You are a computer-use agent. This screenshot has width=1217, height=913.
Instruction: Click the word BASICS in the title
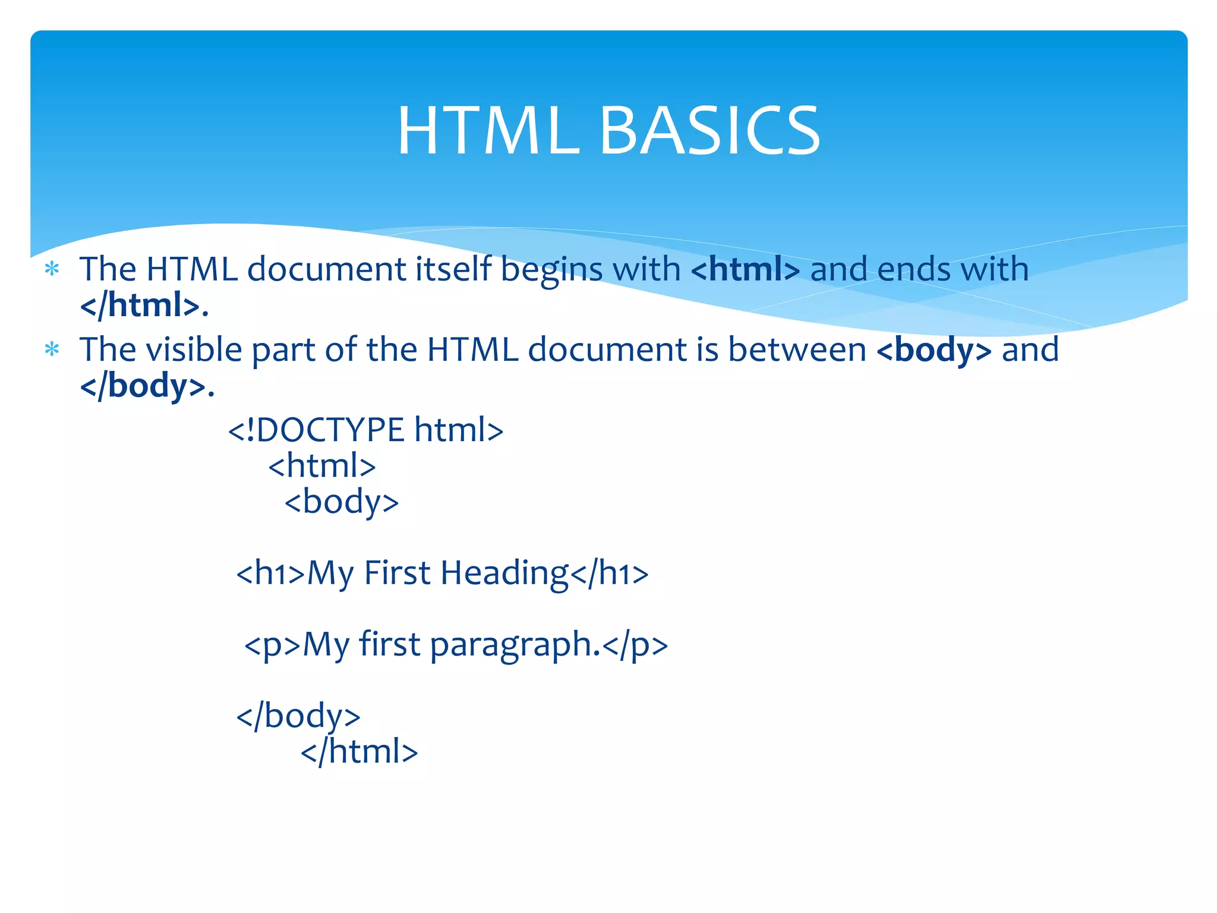pyautogui.click(x=710, y=131)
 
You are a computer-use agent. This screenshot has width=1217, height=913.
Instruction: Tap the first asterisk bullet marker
pyautogui.click(x=52, y=269)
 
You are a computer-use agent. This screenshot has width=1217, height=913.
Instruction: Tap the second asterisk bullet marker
pyautogui.click(x=52, y=350)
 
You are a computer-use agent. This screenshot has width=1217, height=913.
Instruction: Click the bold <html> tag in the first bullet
pyautogui.click(x=745, y=269)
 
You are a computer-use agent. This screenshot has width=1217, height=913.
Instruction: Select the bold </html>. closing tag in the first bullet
pyautogui.click(x=144, y=306)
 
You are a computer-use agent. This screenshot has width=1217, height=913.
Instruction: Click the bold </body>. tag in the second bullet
pyautogui.click(x=147, y=386)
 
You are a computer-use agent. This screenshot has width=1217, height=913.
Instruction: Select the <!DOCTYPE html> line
pyautogui.click(x=365, y=430)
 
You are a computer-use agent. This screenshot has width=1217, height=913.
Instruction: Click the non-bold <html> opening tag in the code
pyautogui.click(x=322, y=465)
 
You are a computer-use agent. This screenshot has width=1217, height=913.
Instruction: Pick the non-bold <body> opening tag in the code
pyautogui.click(x=341, y=502)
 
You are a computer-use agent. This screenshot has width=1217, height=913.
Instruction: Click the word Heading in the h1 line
pyautogui.click(x=505, y=573)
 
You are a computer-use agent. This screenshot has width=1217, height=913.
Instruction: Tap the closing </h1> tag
pyautogui.click(x=610, y=573)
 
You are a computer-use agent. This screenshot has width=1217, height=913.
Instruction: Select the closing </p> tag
pyautogui.click(x=635, y=645)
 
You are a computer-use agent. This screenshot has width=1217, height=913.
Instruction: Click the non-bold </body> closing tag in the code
pyautogui.click(x=298, y=716)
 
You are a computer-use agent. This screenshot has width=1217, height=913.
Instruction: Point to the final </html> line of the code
pyautogui.click(x=359, y=751)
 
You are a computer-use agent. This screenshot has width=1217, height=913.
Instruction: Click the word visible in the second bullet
pyautogui.click(x=194, y=350)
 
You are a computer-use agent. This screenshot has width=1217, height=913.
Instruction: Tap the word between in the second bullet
pyautogui.click(x=797, y=350)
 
